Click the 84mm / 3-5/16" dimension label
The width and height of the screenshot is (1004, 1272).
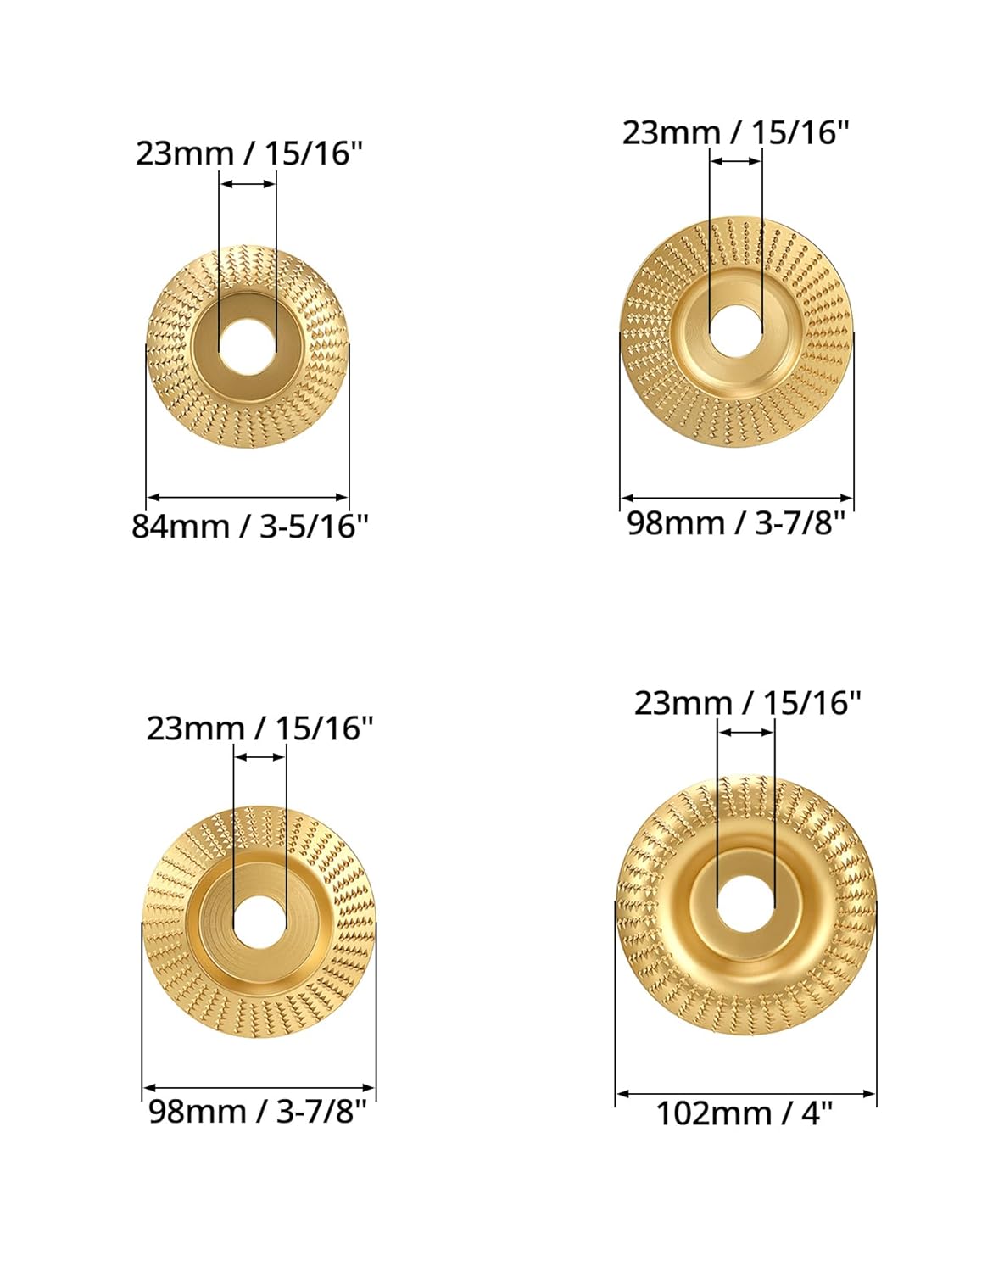[x=250, y=526]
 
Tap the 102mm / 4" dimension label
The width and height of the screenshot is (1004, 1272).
[x=745, y=1113]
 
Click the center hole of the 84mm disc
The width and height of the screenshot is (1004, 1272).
[x=247, y=348]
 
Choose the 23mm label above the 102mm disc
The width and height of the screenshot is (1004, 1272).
[x=747, y=703]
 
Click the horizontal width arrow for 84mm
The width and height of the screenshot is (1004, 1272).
[x=248, y=498]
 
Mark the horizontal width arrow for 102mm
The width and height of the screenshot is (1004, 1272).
[x=745, y=1094]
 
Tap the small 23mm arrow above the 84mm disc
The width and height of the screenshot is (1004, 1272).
[x=248, y=182]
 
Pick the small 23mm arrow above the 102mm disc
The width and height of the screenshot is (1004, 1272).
[x=745, y=732]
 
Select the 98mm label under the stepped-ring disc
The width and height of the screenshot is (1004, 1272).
[x=258, y=1110]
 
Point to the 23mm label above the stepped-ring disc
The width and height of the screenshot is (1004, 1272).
[x=259, y=728]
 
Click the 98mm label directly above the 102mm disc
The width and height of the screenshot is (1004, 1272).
[x=736, y=522]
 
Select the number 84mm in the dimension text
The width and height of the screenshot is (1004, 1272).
[x=180, y=526]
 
